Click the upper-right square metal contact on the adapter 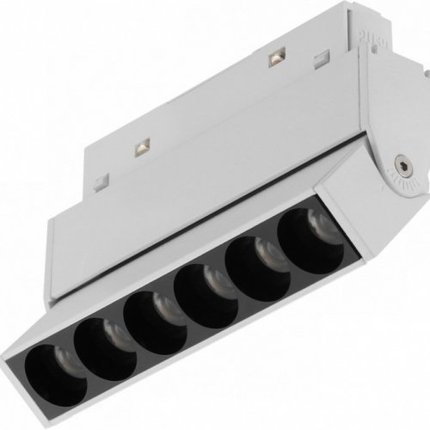coord(275,58)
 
